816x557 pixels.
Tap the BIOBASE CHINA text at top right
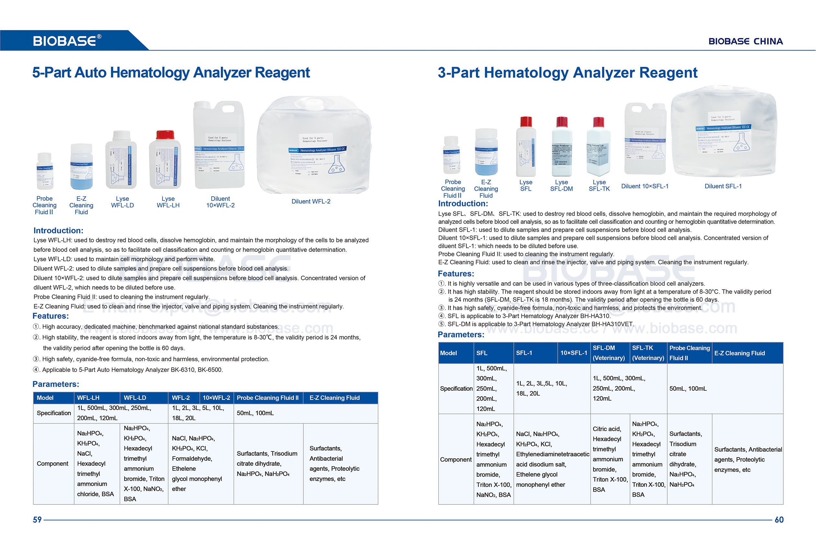tap(745, 41)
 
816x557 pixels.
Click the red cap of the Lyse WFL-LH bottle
tap(165, 135)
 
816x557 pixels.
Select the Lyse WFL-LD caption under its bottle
tap(122, 202)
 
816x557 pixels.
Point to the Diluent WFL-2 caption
tap(311, 202)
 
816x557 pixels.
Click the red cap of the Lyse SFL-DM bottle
tap(562, 122)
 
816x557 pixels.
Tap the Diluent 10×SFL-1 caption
tap(645, 186)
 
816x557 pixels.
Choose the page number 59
tap(37, 520)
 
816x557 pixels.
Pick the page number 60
tap(779, 520)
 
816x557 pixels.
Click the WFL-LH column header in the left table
tap(89, 398)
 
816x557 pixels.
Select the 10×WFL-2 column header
tap(216, 398)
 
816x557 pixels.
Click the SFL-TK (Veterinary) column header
tap(648, 353)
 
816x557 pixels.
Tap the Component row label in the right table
tap(456, 459)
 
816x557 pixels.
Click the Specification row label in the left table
tap(54, 413)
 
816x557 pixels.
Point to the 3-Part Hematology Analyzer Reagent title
tap(567, 73)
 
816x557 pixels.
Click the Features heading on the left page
tap(51, 316)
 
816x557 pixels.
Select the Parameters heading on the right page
tap(461, 334)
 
